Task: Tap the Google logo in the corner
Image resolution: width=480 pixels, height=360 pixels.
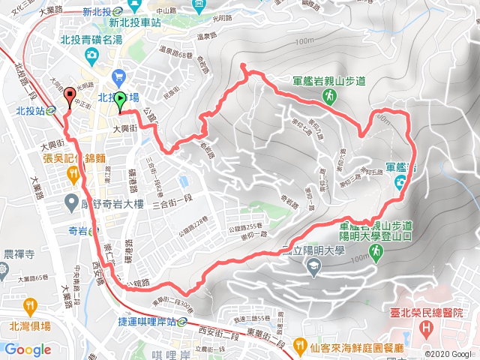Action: (28, 349)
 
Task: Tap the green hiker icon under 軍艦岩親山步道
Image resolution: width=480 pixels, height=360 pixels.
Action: (329, 96)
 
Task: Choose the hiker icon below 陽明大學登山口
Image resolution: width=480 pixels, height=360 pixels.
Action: (374, 254)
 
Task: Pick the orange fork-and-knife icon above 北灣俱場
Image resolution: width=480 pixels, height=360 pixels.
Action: (29, 306)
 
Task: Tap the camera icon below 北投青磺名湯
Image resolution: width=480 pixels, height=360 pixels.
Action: (91, 55)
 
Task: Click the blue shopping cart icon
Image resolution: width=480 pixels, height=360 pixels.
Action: (118, 76)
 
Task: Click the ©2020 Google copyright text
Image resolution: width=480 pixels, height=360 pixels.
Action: (451, 353)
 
